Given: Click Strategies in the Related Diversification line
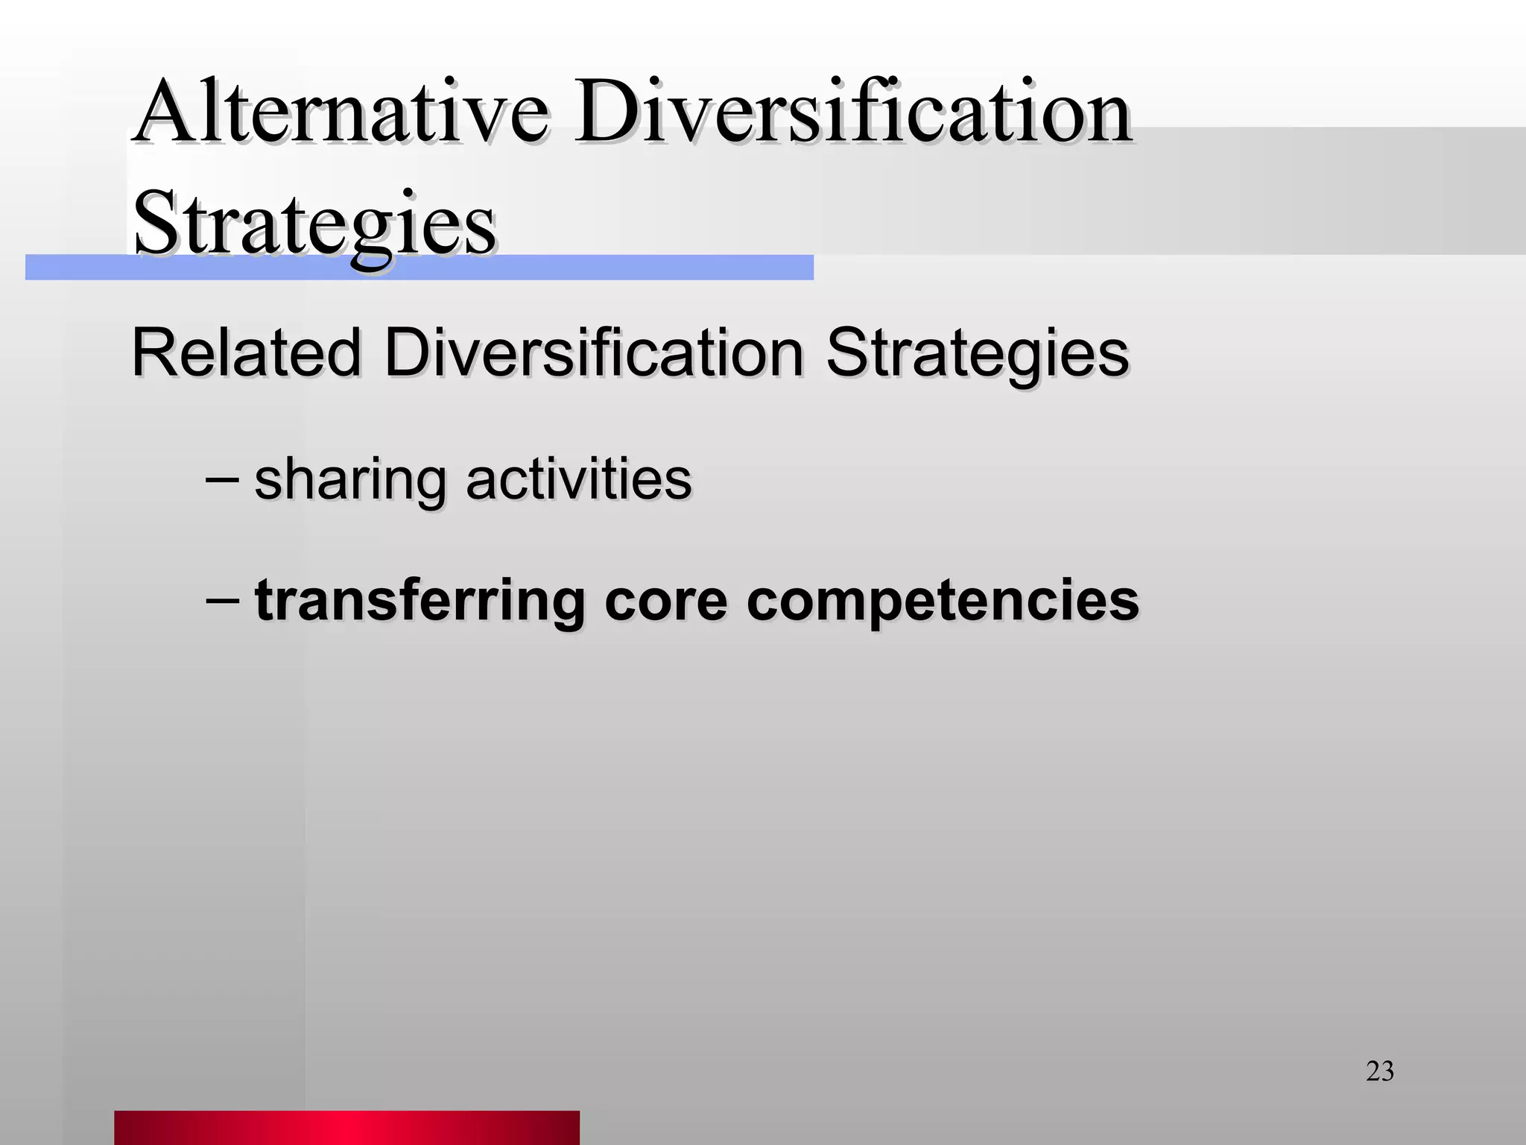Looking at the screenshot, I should [977, 354].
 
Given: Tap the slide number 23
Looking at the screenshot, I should [1379, 1071].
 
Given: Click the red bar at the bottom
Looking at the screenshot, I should [346, 1126].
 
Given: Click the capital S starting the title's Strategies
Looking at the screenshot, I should [153, 222].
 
